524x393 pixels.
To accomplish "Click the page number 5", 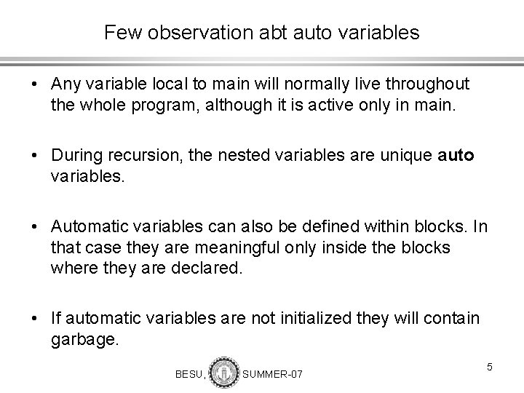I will click(490, 366).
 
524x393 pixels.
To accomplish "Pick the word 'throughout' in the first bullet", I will click(429, 85).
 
